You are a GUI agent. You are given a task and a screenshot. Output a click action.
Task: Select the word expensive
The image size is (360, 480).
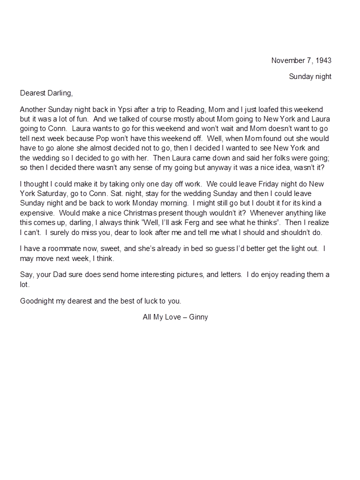click(37, 212)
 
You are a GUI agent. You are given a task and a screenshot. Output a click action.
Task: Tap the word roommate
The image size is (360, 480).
click(57, 248)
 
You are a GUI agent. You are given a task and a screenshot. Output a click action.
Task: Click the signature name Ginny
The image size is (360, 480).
click(198, 317)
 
